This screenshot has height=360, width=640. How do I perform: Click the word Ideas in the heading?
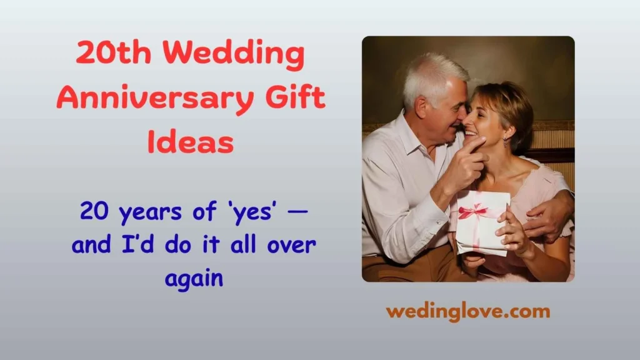point(191,142)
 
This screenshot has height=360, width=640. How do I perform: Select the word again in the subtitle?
point(194,277)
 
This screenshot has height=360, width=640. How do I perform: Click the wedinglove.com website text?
point(467,311)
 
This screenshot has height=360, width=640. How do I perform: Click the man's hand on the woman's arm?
point(549,216)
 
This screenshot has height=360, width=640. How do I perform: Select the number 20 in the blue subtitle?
point(96,213)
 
